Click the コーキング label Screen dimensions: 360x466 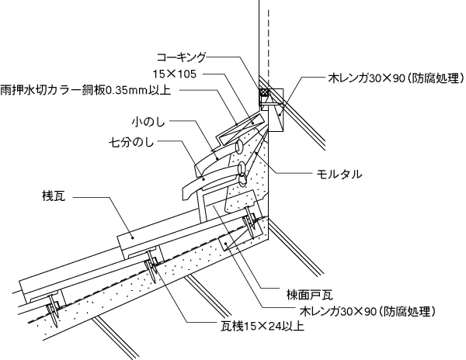182,57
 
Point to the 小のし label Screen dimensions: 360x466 148,121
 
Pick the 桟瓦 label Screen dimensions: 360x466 57,197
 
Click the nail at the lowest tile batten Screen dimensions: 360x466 53,306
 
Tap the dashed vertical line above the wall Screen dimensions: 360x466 267,39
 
